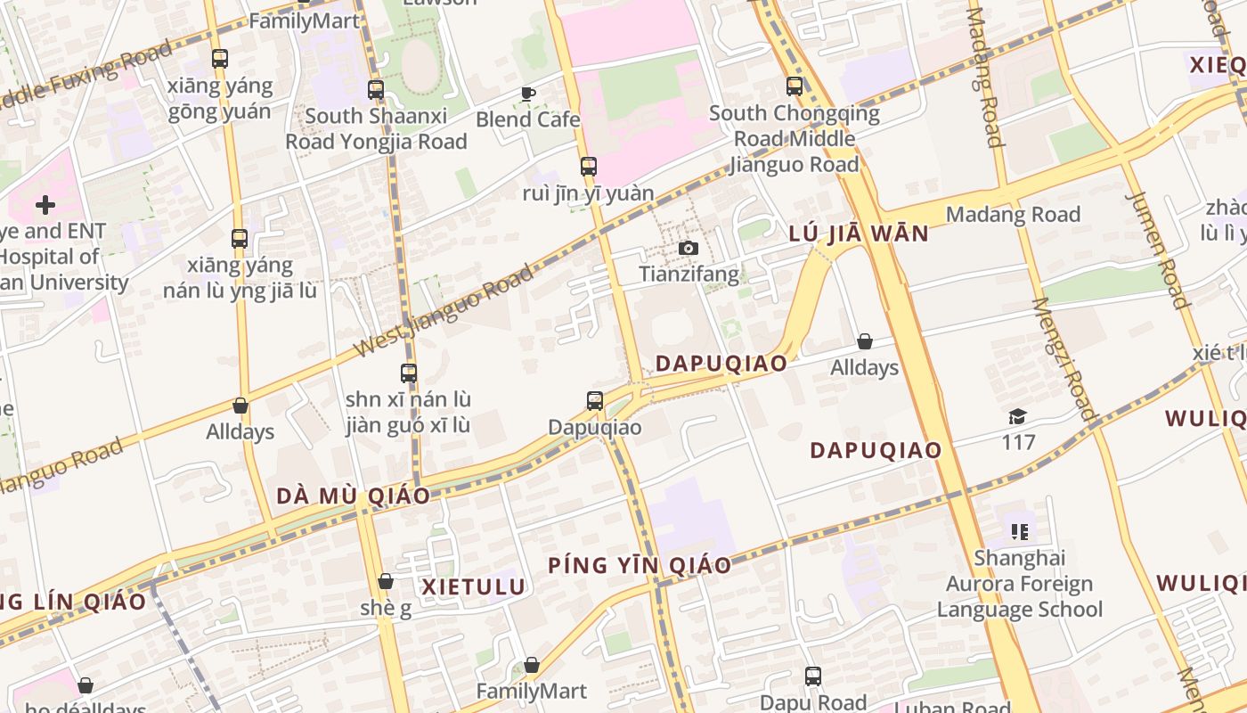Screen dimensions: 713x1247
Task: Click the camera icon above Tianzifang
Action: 689,249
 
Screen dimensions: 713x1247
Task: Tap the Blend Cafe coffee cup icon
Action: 528,94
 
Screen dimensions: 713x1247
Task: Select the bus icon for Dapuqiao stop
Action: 595,401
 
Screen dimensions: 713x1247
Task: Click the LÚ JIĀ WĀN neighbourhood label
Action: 859,234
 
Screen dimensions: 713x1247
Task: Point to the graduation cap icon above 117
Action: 1017,416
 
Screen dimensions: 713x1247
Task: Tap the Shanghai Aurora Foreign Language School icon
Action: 1020,532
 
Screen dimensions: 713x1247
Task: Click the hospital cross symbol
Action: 45,206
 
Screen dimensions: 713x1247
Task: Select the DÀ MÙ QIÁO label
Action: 353,496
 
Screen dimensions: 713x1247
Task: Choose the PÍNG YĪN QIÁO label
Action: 640,565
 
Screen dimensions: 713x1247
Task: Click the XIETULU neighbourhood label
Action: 473,586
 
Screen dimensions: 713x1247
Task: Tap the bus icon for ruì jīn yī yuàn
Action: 588,167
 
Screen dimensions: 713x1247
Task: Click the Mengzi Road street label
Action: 1064,358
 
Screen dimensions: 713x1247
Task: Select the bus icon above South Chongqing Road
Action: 794,86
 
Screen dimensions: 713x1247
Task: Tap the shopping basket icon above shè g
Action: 386,582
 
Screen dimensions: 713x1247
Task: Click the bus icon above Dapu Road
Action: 812,676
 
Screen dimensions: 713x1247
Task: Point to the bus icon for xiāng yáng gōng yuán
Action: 219,59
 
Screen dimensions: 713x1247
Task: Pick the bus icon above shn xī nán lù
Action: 408,373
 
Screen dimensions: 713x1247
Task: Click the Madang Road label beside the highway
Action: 1013,215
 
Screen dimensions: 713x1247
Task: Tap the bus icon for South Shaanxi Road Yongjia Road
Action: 376,90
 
